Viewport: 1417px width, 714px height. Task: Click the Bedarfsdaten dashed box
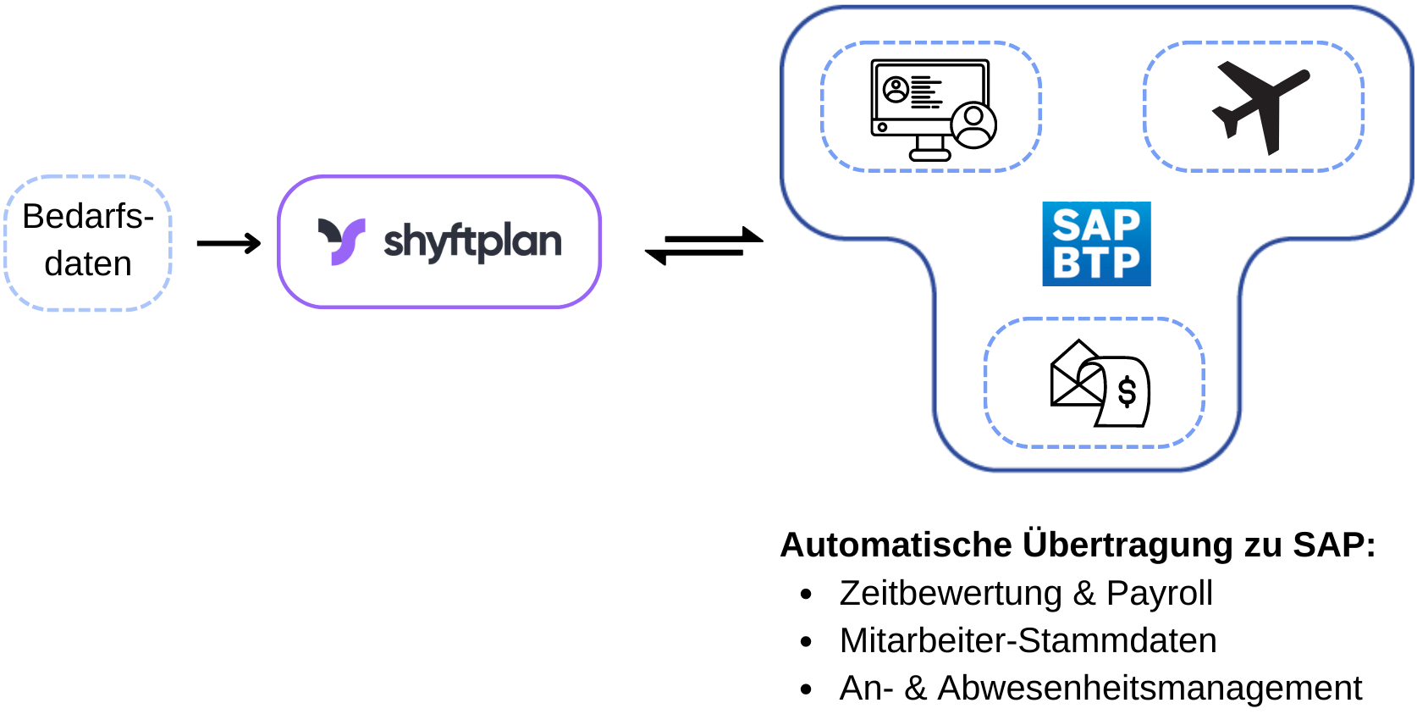(x=88, y=242)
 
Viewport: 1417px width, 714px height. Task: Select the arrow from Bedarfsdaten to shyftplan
(x=229, y=244)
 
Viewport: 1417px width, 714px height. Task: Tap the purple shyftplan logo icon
(x=341, y=241)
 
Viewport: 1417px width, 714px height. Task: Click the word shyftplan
(x=472, y=242)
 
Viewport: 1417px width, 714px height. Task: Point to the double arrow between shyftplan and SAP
(x=703, y=246)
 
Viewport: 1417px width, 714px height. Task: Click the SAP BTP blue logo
(x=1096, y=244)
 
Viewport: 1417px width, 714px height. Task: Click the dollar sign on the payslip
(x=1127, y=392)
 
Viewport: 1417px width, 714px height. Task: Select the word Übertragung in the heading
(x=1128, y=545)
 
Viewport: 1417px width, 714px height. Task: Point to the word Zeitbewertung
(x=950, y=593)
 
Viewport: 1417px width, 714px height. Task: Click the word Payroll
(x=1159, y=593)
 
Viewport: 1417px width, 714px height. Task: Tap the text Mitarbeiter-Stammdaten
(x=1028, y=640)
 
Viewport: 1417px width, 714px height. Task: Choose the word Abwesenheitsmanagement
(x=1150, y=688)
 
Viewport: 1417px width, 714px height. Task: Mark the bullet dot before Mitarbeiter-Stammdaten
(x=806, y=642)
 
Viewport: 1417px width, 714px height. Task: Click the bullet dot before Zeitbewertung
(x=806, y=595)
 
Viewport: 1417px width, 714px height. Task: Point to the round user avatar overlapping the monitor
(x=973, y=125)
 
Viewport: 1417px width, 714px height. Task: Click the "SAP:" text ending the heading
(x=1334, y=545)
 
